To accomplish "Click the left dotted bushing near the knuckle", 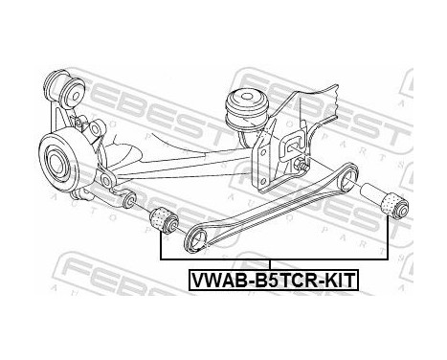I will pos(166,219).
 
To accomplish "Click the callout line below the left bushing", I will pos(160,246).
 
